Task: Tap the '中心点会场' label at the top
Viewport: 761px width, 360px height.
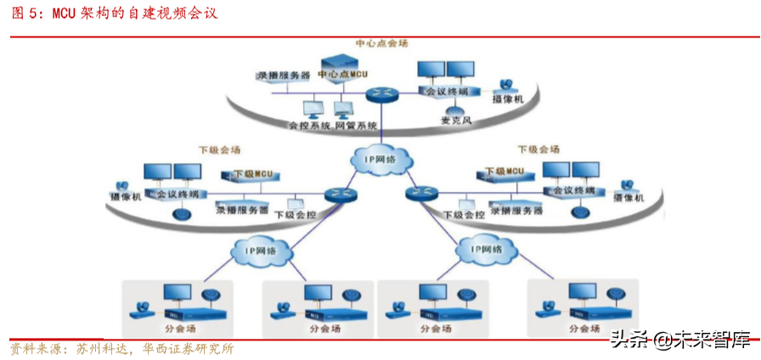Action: (x=381, y=43)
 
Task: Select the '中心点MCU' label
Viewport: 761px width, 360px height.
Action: (x=342, y=76)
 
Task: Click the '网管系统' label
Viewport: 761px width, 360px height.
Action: (x=355, y=126)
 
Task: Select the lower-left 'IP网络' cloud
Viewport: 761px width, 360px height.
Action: (x=261, y=251)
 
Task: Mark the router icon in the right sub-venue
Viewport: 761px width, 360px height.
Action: (x=420, y=194)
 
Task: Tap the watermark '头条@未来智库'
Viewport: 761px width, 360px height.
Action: (x=679, y=340)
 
